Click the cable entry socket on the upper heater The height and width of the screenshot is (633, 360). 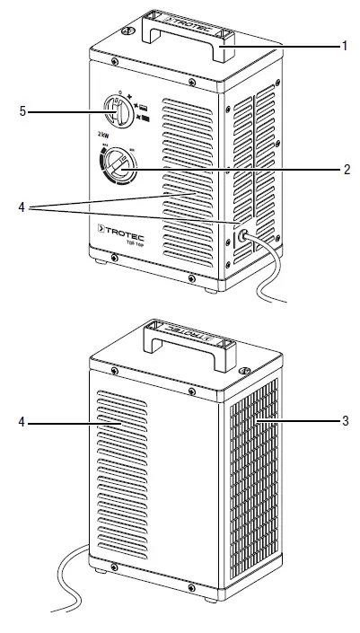coord(242,238)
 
